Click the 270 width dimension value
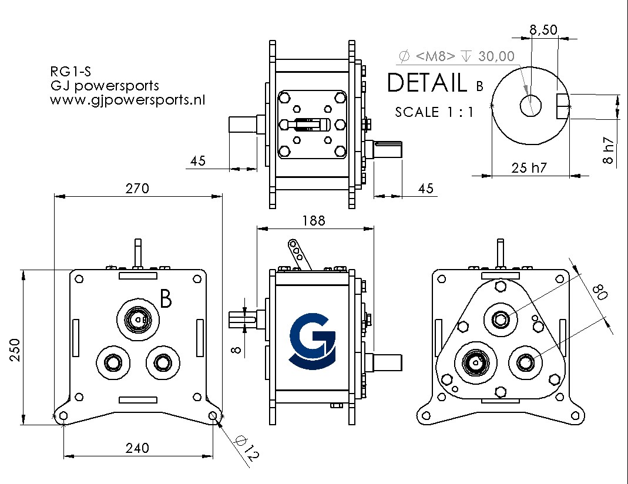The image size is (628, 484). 137,189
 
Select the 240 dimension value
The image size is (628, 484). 137,448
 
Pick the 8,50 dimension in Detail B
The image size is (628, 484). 543,29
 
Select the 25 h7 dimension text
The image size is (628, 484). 529,167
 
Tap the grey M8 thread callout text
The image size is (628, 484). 456,56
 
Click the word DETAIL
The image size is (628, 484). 427,83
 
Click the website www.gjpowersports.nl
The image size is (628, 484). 127,100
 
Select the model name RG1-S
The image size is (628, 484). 70,72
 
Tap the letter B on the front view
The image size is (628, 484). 166,299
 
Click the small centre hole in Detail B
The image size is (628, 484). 530,106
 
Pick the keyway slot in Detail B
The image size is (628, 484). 563,106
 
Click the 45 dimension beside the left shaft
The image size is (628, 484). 198,160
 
